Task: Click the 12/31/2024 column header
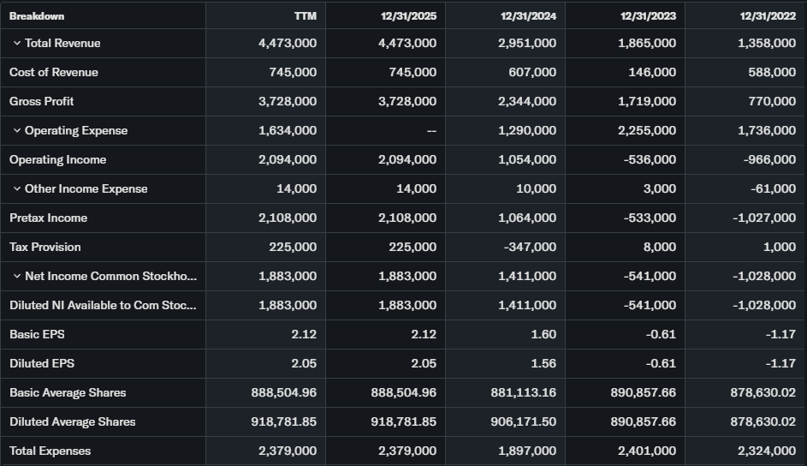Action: (x=529, y=15)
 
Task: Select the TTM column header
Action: (x=305, y=15)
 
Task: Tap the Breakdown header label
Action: (x=37, y=15)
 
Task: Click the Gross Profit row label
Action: (x=41, y=101)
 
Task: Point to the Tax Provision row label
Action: (x=45, y=247)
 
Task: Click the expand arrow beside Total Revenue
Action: (x=16, y=43)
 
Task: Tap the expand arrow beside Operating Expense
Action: (x=16, y=130)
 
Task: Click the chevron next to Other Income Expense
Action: (x=16, y=188)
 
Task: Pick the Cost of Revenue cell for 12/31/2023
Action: (x=652, y=72)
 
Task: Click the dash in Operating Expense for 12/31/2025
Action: (x=431, y=131)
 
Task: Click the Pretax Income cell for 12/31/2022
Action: (x=764, y=218)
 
